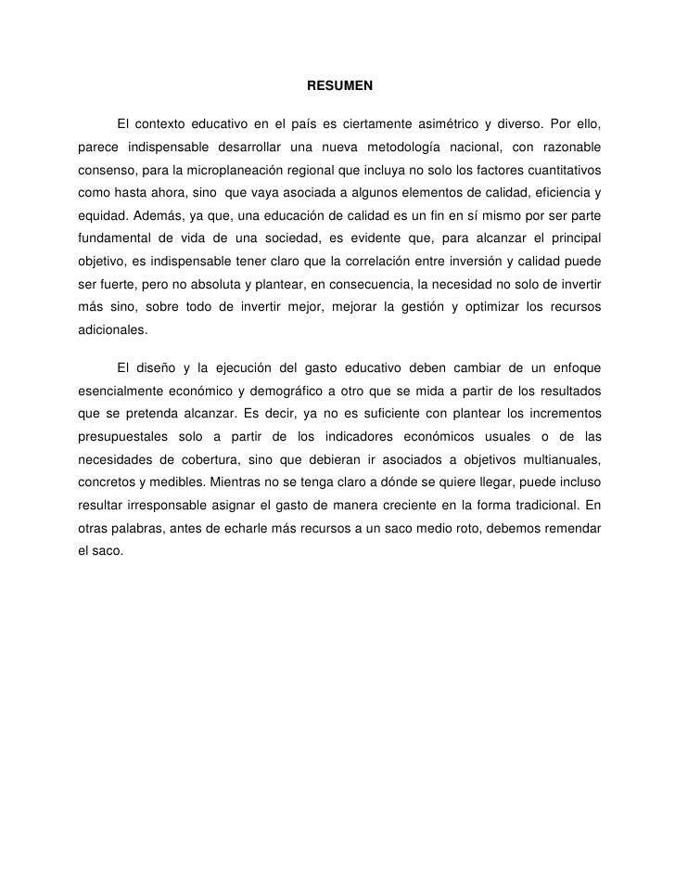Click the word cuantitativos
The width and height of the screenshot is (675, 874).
pos(556,173)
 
